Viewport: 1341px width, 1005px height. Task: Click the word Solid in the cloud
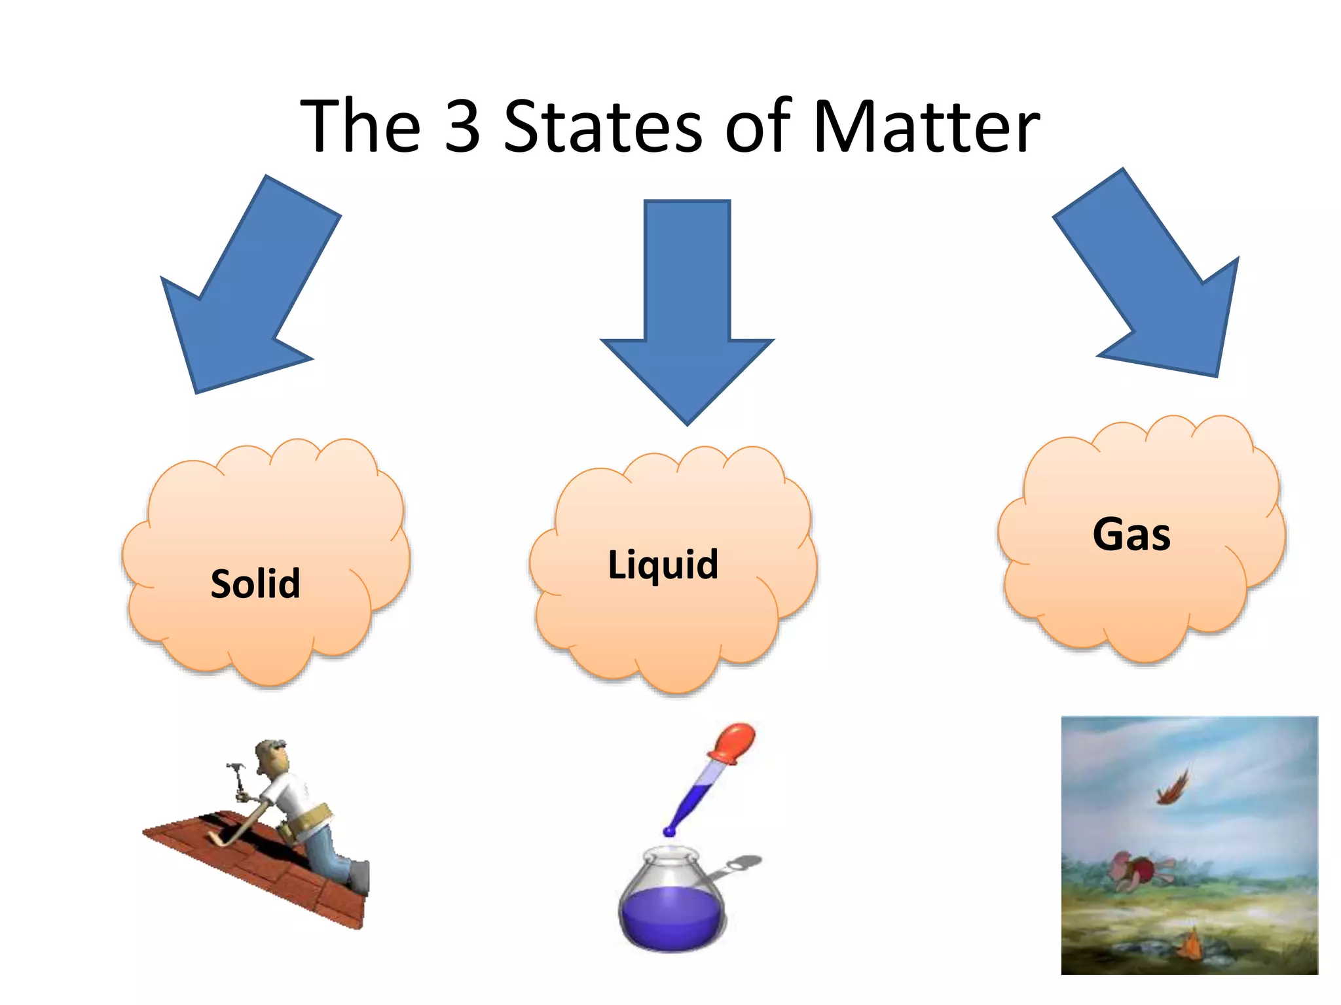[x=255, y=583]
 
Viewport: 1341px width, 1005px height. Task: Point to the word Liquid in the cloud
[x=663, y=564]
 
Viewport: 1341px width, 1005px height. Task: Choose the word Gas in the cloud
[x=1131, y=535]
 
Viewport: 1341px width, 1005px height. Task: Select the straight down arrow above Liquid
[x=687, y=308]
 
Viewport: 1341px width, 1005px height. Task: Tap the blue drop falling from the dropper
[x=669, y=832]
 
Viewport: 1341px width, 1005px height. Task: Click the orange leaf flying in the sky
[x=1172, y=789]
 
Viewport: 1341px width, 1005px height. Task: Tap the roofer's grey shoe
[x=359, y=877]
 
